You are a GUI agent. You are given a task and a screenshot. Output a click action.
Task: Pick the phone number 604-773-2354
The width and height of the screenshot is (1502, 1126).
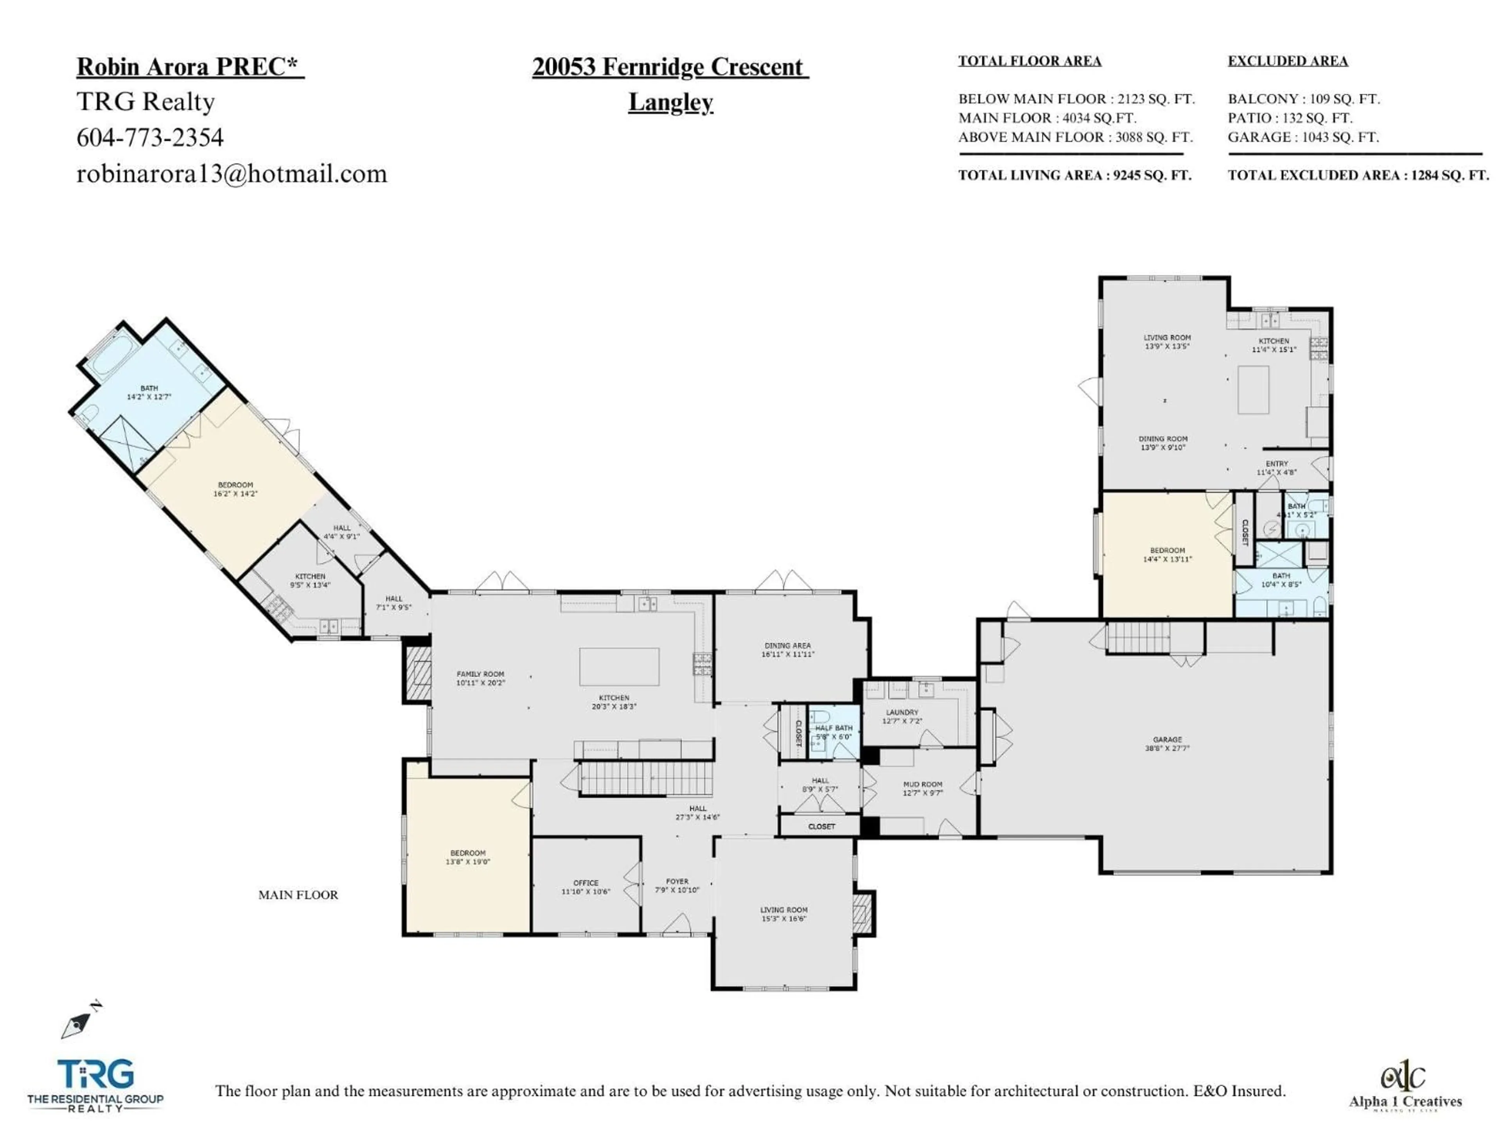(x=150, y=138)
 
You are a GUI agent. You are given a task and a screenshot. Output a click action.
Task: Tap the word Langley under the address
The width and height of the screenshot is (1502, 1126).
(x=670, y=102)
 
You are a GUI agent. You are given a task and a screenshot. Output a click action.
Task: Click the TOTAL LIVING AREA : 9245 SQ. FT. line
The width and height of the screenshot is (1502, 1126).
(x=1074, y=175)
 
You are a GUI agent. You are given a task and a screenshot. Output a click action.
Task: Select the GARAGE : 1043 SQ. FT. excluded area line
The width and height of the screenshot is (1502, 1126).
(x=1303, y=137)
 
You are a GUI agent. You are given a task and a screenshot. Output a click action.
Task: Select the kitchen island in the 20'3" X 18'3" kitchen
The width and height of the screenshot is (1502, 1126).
(x=618, y=667)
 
